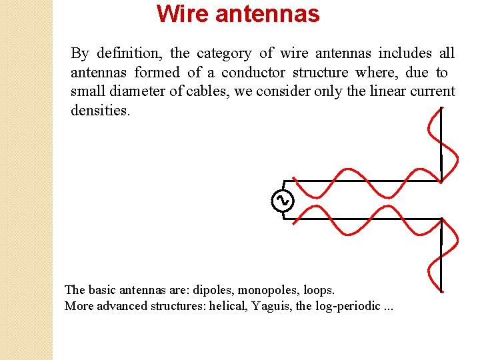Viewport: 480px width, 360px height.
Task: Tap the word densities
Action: tap(100, 111)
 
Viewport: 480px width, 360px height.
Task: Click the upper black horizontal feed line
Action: tap(360, 180)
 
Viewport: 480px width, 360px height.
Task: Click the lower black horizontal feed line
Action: tap(360, 218)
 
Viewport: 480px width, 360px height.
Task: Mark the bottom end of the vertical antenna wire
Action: tap(441, 290)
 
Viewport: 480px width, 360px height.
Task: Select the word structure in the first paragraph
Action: tap(321, 72)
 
